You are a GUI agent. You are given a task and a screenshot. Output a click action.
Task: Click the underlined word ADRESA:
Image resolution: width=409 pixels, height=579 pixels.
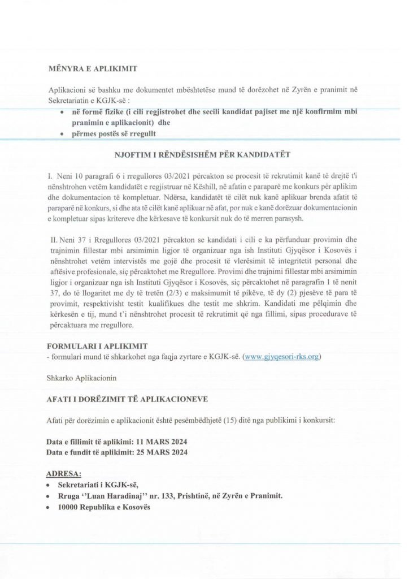click(x=64, y=473)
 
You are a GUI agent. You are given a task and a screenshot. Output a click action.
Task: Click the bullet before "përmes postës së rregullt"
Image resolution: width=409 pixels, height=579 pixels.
click(x=62, y=134)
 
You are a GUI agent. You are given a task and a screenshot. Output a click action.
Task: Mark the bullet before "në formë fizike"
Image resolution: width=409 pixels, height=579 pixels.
click(x=62, y=113)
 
